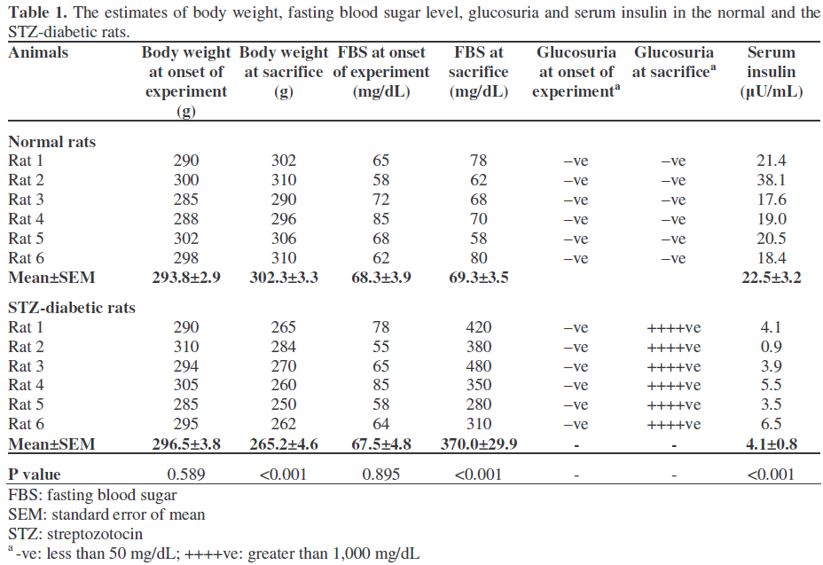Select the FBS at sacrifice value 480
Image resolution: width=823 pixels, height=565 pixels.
[481, 366]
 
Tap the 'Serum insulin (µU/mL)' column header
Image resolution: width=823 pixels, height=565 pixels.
[771, 72]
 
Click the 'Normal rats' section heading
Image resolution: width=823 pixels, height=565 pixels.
[52, 141]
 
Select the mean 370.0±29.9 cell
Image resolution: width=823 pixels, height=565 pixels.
[481, 444]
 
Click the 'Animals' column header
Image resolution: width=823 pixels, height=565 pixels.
[38, 53]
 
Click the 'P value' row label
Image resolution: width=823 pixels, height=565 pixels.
[35, 475]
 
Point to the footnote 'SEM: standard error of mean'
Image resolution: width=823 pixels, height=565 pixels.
[106, 514]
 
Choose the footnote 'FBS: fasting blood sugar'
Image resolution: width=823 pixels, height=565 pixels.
[92, 495]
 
